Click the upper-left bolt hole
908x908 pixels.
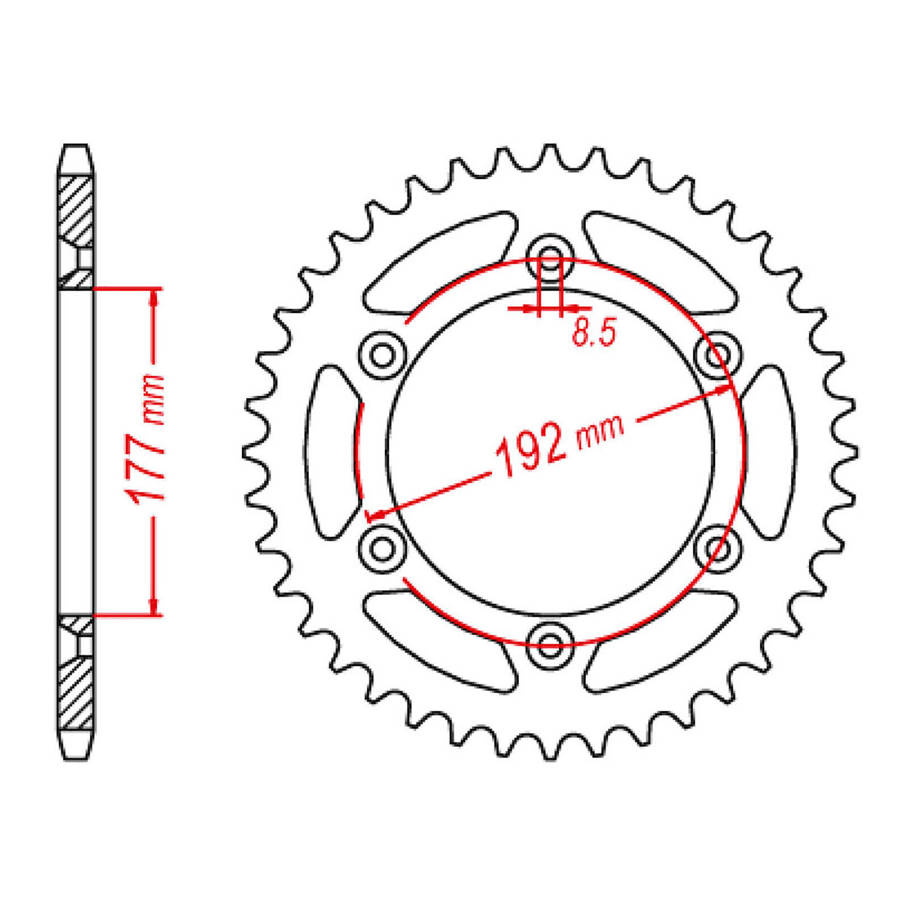tap(382, 355)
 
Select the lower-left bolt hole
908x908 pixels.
tap(382, 548)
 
